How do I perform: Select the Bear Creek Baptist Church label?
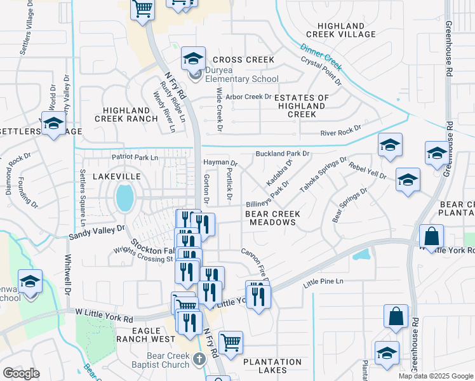coord(168,360)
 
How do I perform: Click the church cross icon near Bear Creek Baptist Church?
coord(199,360)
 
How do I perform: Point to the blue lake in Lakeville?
coord(125,198)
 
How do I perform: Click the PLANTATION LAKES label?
coord(274,365)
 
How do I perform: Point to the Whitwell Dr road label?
coord(67,274)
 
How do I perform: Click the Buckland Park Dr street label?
coord(282,154)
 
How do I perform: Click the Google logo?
coord(21,373)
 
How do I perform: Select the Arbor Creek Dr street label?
coord(248,97)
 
